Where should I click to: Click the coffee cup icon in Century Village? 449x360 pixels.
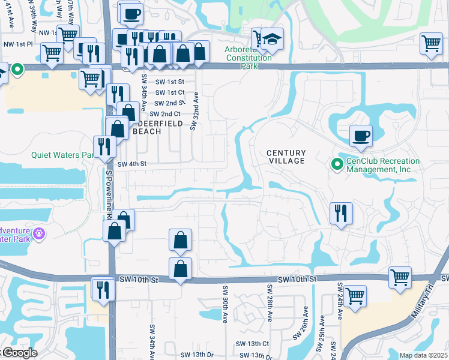[x=360, y=136]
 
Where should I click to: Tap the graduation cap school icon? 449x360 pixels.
[x=272, y=40]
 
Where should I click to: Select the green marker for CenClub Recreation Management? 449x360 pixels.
[x=337, y=163]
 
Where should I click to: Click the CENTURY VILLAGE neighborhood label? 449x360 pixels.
[x=286, y=157]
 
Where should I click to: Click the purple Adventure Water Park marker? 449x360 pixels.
[x=40, y=232]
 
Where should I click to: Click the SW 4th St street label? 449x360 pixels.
[x=131, y=164]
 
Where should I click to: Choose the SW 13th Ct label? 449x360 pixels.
[x=252, y=344]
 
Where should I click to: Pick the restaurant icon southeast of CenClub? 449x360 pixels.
[x=341, y=214]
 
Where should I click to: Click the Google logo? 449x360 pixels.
[x=19, y=353]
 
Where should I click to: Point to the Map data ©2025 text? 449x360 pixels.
[x=423, y=355]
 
